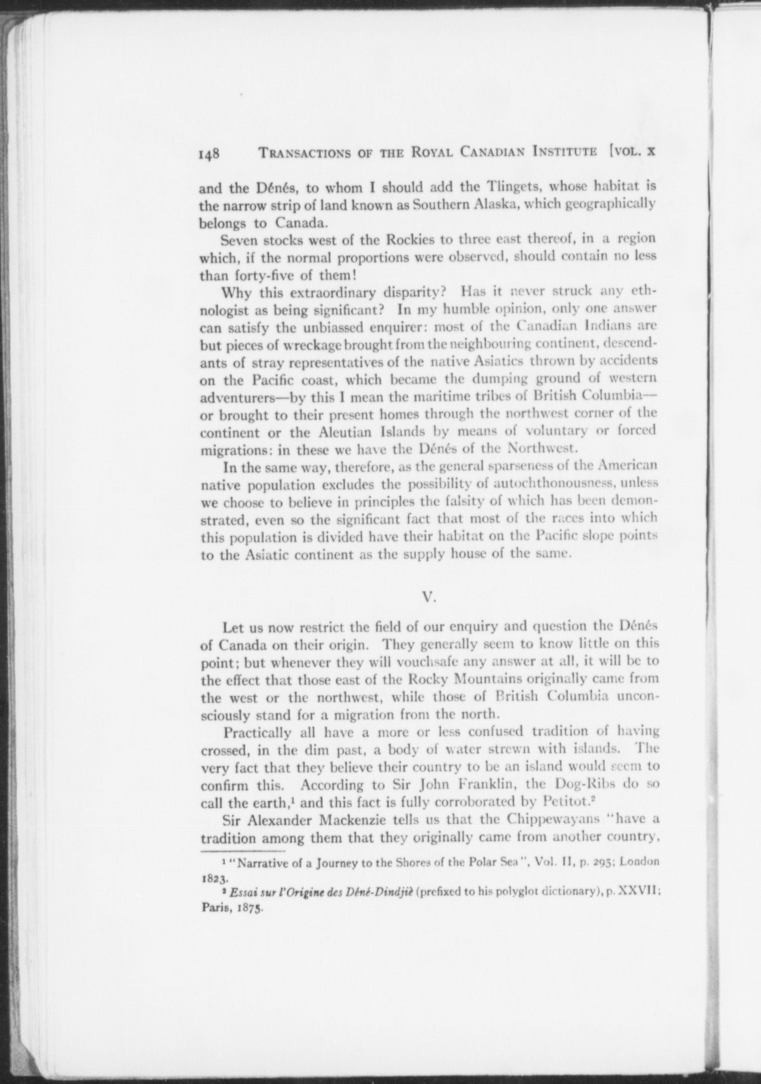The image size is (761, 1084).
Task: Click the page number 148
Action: (x=209, y=153)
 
